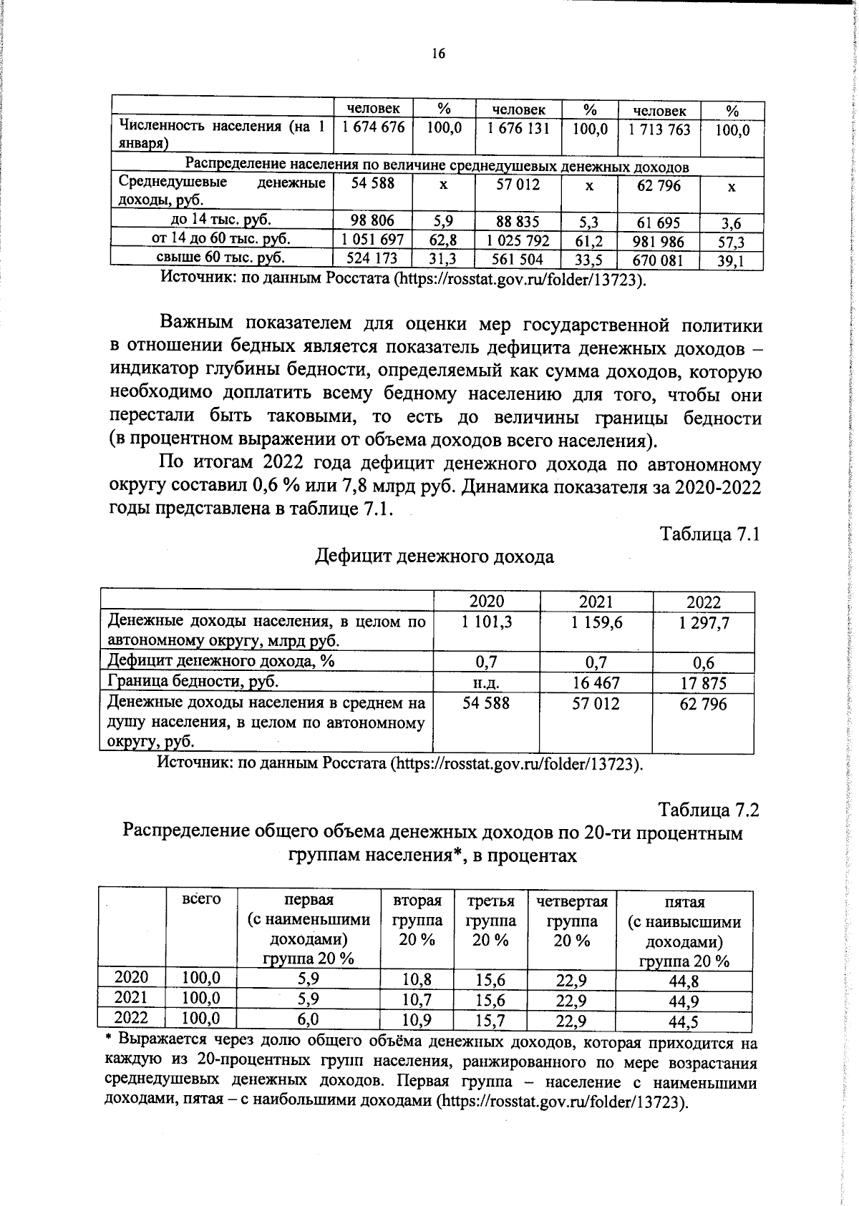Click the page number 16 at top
click(438, 54)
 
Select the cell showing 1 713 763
click(659, 129)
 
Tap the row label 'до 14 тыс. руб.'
click(220, 219)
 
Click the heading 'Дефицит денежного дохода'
click(435, 557)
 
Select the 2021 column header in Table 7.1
click(596, 602)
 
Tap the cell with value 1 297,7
click(704, 624)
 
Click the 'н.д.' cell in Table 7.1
click(487, 682)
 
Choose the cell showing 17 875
click(704, 683)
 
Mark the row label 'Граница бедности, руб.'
click(193, 681)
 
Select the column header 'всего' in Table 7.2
click(201, 899)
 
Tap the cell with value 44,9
click(683, 1001)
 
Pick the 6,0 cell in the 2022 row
click(309, 1019)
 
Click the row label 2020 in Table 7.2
click(132, 978)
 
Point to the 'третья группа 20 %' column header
click(491, 920)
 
